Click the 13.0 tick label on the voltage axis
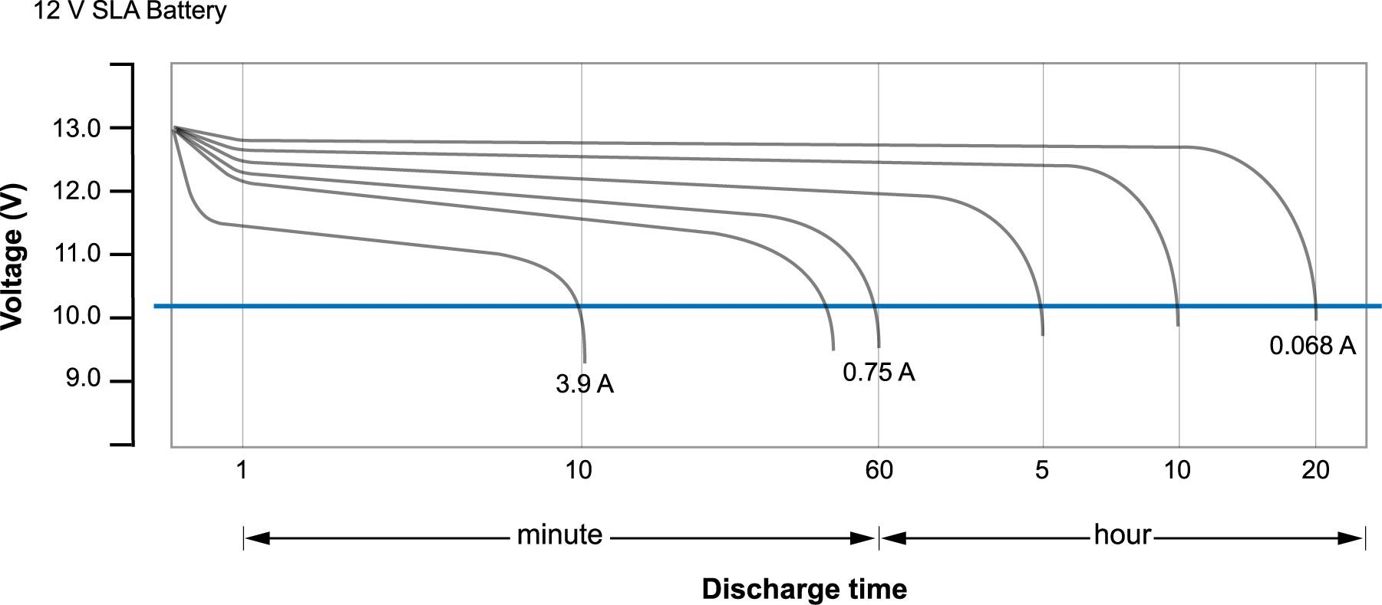[x=76, y=128]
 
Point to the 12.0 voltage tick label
[x=76, y=191]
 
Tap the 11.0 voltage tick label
[x=76, y=254]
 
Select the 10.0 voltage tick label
[x=76, y=317]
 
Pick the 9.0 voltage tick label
[x=83, y=379]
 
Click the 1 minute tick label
[x=242, y=469]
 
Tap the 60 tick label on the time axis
[x=879, y=469]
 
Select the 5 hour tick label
[x=1041, y=469]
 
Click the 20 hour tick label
[x=1315, y=469]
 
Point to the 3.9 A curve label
[x=585, y=384]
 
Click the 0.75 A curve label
[x=879, y=372]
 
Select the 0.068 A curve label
[x=1313, y=346]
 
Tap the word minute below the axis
[x=559, y=534]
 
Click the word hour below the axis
[x=1123, y=534]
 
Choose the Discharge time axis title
[x=804, y=589]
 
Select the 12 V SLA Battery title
[x=130, y=12]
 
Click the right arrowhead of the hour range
[x=1350, y=538]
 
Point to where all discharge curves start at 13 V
[x=175, y=128]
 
